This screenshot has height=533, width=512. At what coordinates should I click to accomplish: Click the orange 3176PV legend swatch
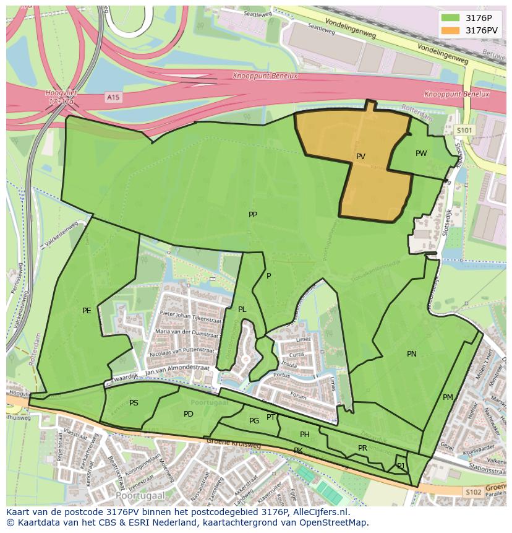tap(451, 30)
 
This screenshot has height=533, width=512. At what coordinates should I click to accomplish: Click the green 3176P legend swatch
tap(451, 18)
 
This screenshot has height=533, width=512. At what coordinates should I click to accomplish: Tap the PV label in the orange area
tap(361, 157)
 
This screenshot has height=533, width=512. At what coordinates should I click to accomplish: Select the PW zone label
tap(421, 154)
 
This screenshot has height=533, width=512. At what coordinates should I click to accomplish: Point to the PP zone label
tap(253, 215)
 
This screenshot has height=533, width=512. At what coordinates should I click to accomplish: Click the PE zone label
tap(87, 311)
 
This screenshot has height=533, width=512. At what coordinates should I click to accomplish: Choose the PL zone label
tap(242, 310)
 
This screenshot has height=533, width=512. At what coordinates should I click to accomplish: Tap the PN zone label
tap(412, 354)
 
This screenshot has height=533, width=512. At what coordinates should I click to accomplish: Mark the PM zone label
tap(448, 397)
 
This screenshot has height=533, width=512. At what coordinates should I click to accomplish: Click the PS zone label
tap(134, 403)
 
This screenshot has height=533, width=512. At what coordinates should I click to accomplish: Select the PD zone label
tap(189, 414)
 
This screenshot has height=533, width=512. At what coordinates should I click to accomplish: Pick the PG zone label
tap(254, 421)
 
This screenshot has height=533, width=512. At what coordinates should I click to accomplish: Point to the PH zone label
tap(304, 435)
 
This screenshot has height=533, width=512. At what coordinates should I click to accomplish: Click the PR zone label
tap(362, 448)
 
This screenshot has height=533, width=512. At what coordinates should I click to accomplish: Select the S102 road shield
tap(473, 492)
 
